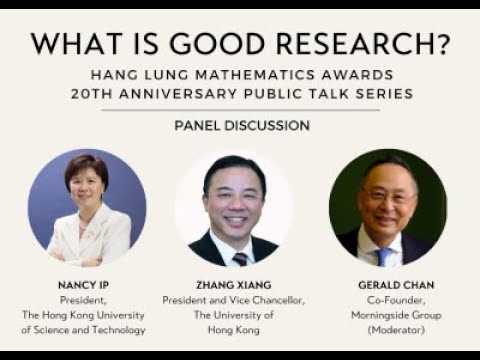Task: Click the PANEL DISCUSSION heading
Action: pos(241,126)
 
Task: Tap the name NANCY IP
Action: pos(87,285)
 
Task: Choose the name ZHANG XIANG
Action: pos(234,285)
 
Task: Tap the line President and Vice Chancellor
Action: pos(233,300)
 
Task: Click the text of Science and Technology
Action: pos(87,329)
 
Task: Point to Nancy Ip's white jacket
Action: pos(100,240)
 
